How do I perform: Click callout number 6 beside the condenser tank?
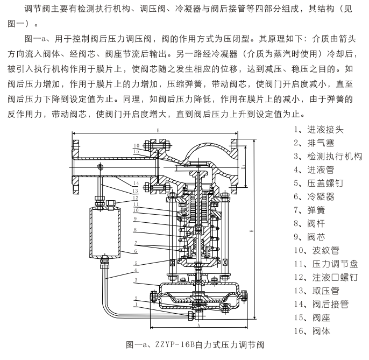[x=136, y=251]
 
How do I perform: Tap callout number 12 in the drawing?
[x=137, y=198]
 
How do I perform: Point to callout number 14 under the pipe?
[x=137, y=183]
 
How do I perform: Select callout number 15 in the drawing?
[x=137, y=152]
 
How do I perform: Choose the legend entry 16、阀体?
[x=313, y=331]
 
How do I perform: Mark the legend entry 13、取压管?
[x=316, y=291]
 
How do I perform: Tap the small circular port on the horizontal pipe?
[x=100, y=167]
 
